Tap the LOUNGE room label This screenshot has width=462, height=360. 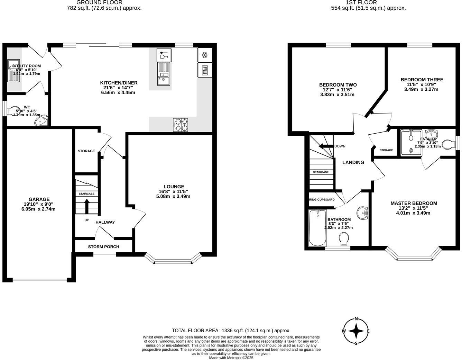click(174, 187)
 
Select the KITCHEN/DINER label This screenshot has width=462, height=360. click(119, 83)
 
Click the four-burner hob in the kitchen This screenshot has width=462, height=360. click(181, 125)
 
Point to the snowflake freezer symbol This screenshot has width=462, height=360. click(204, 55)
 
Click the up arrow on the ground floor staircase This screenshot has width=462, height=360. click(86, 206)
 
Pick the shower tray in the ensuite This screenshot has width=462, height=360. click(411, 142)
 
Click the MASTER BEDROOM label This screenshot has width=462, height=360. click(414, 203)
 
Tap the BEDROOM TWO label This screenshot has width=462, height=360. click(338, 85)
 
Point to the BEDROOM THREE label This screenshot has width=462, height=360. click(422, 80)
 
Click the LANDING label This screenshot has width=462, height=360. click(353, 162)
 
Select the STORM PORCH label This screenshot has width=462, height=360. click(103, 247)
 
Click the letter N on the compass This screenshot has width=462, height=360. click(356, 319)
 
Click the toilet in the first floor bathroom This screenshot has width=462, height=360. click(344, 238)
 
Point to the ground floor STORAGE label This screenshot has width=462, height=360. click(86, 151)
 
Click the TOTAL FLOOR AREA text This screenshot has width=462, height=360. click(231, 331)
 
